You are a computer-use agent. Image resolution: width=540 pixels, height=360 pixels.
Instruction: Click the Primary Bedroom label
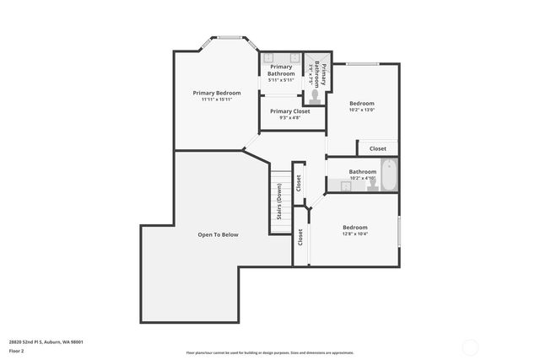pos(217,93)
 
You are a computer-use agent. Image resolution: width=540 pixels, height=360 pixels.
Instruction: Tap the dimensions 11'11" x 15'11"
pos(217,99)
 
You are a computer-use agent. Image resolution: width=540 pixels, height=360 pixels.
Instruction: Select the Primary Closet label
pos(289,111)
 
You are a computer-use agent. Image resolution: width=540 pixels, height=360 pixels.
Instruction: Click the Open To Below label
pos(219,234)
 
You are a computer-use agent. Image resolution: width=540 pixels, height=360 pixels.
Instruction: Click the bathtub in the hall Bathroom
pos(388,175)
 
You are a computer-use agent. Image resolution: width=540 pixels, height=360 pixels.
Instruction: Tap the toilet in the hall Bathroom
pos(369,187)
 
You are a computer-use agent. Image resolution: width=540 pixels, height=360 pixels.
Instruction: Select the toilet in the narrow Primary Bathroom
pos(315,96)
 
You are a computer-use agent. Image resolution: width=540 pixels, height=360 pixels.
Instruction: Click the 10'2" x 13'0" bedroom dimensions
pos(362,110)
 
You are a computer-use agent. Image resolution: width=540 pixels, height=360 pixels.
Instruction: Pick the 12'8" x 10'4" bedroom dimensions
pos(355,234)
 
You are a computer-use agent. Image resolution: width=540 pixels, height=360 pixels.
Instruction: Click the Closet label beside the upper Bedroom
pos(377,149)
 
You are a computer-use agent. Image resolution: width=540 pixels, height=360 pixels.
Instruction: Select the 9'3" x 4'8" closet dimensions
pos(289,117)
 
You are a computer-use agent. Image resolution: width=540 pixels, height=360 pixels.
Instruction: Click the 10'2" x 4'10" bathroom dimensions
pos(362,178)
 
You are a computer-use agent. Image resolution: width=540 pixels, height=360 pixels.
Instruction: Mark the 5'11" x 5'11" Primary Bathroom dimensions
pos(281,80)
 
